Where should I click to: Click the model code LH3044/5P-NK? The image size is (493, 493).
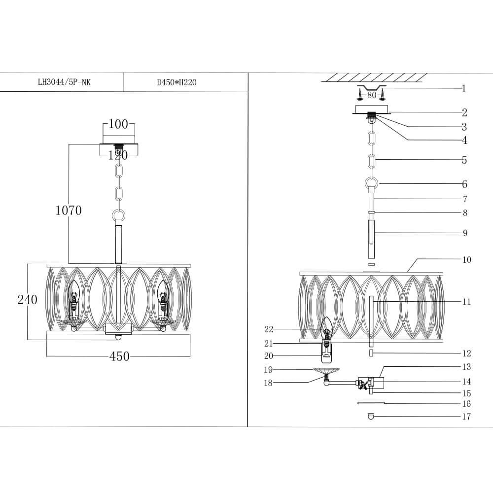[64, 82]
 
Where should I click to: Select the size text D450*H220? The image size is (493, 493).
[176, 82]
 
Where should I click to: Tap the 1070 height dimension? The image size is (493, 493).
[68, 211]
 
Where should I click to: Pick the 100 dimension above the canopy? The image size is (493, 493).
[118, 124]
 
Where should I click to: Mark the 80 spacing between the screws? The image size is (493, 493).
[371, 95]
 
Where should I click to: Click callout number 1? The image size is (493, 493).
[463, 89]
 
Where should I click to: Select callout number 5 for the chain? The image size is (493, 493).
[464, 160]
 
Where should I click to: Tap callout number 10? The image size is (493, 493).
[466, 260]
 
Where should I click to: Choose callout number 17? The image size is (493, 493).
[466, 417]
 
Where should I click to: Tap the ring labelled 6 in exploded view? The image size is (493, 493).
[372, 184]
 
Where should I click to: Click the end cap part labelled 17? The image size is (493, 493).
[371, 417]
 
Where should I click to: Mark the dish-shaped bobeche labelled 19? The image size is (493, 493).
[326, 371]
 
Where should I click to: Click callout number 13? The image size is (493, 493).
[466, 367]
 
